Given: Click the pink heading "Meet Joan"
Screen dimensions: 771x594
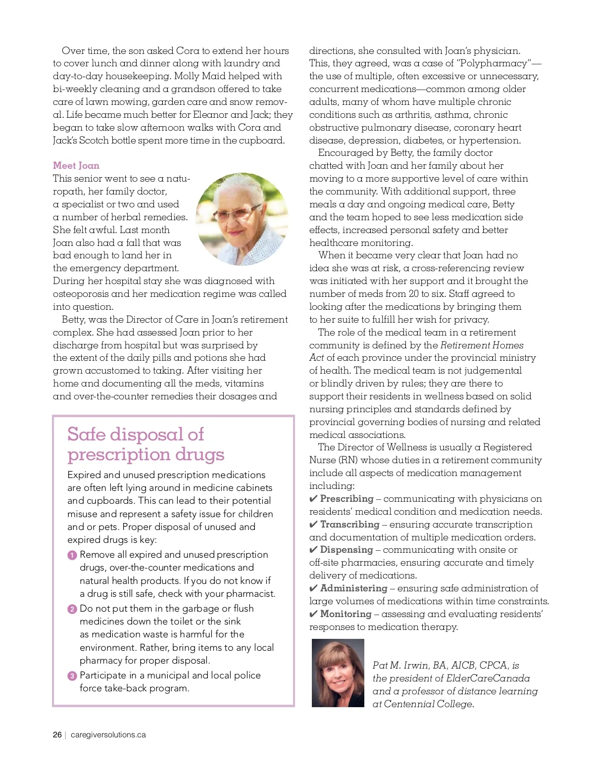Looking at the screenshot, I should [76, 165].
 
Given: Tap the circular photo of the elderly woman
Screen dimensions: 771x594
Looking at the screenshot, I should [242, 219].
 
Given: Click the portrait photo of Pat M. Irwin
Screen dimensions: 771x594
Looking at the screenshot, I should [338, 673].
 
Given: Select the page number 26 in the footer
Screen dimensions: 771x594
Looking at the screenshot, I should [57, 735].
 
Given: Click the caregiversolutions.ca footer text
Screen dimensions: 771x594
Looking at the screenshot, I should [108, 735].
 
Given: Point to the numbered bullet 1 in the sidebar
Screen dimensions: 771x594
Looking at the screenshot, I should [72, 555].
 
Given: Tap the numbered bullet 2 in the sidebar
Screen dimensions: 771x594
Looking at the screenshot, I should [72, 609].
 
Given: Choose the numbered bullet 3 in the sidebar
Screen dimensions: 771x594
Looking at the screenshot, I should [72, 676].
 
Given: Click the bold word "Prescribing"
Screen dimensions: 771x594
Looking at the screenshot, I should [346, 498].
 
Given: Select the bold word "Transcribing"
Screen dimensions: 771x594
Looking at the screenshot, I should [349, 524].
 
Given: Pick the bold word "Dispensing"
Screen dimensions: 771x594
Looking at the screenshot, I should [346, 549].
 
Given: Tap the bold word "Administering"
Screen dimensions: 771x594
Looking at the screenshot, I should [353, 588].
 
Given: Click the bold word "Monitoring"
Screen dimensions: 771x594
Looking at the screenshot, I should [346, 614].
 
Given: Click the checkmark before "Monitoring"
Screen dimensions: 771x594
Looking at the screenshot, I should [313, 614].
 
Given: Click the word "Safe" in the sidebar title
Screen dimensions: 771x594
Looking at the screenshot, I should [86, 434].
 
